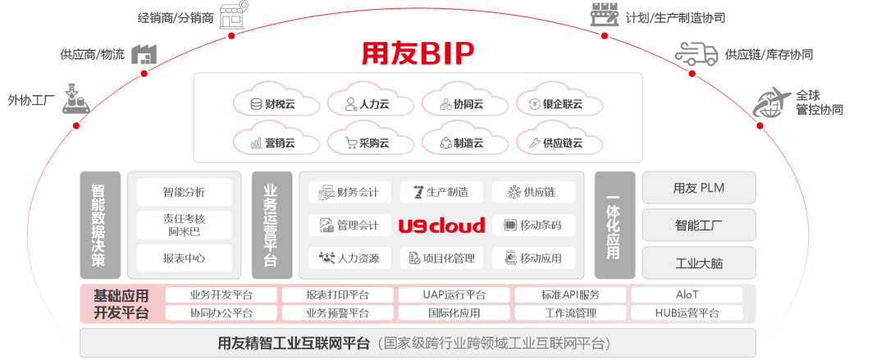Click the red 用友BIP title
418,53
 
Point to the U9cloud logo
442,226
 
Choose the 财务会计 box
349,192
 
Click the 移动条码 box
533,225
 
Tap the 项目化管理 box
442,258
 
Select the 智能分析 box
185,192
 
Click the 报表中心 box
185,258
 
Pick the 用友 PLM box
699,188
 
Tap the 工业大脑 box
699,263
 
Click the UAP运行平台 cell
454,295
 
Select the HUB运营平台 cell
687,312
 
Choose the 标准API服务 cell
571,295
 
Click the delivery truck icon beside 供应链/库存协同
696,53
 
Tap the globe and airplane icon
771,101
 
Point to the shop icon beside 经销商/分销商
234,15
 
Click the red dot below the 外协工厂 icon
76,125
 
